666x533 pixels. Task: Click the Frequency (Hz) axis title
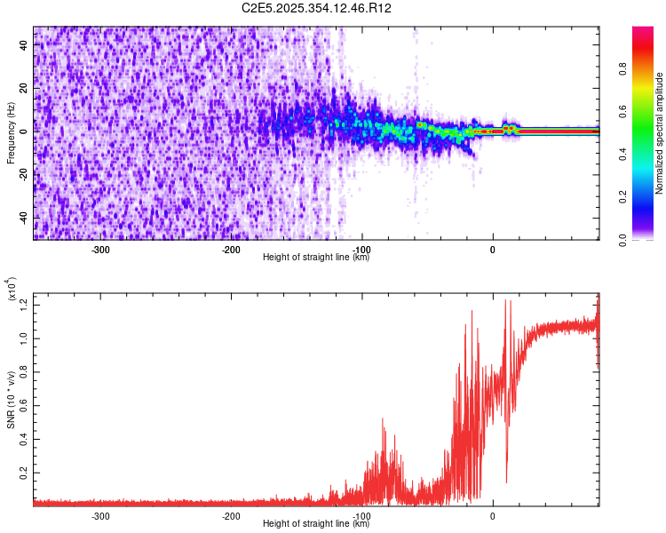[x=11, y=133]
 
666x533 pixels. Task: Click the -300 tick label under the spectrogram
[x=100, y=250]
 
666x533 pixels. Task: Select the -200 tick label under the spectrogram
[x=231, y=250]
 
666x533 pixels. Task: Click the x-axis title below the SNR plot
[x=316, y=524]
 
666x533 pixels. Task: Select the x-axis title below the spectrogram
[x=316, y=258]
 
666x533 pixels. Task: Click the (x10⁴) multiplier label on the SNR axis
[x=12, y=290]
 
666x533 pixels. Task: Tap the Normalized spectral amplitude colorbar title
[x=660, y=133]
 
